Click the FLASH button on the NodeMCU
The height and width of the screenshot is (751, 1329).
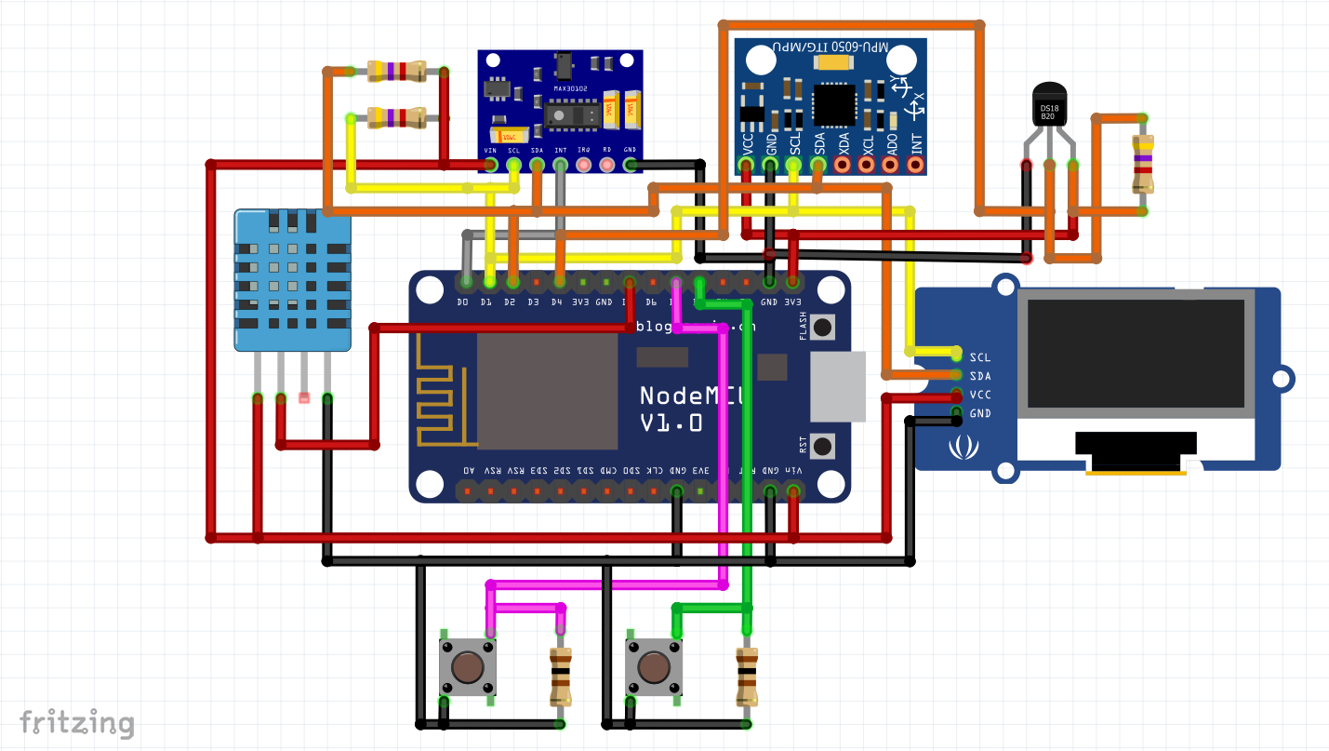click(823, 327)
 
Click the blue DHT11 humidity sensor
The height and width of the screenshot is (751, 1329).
click(292, 279)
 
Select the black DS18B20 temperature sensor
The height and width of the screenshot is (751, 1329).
click(1048, 104)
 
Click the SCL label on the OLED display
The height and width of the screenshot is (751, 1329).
click(980, 357)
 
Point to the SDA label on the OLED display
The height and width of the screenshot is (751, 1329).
click(980, 376)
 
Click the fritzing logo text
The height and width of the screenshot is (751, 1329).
click(77, 722)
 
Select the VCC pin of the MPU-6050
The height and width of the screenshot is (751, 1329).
click(747, 165)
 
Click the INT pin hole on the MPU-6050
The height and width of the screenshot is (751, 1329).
click(915, 165)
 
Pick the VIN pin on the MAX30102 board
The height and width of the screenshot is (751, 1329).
click(490, 165)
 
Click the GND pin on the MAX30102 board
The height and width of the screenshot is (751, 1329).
click(630, 165)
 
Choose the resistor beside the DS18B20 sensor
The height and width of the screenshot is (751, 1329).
click(1142, 164)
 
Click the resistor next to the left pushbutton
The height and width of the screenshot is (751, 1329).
click(560, 677)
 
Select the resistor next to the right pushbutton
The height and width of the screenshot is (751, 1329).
click(747, 677)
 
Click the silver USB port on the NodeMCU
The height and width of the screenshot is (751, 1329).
click(837, 386)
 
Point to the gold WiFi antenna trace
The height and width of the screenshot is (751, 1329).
click(445, 391)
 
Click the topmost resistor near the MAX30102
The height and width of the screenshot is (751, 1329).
click(397, 71)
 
